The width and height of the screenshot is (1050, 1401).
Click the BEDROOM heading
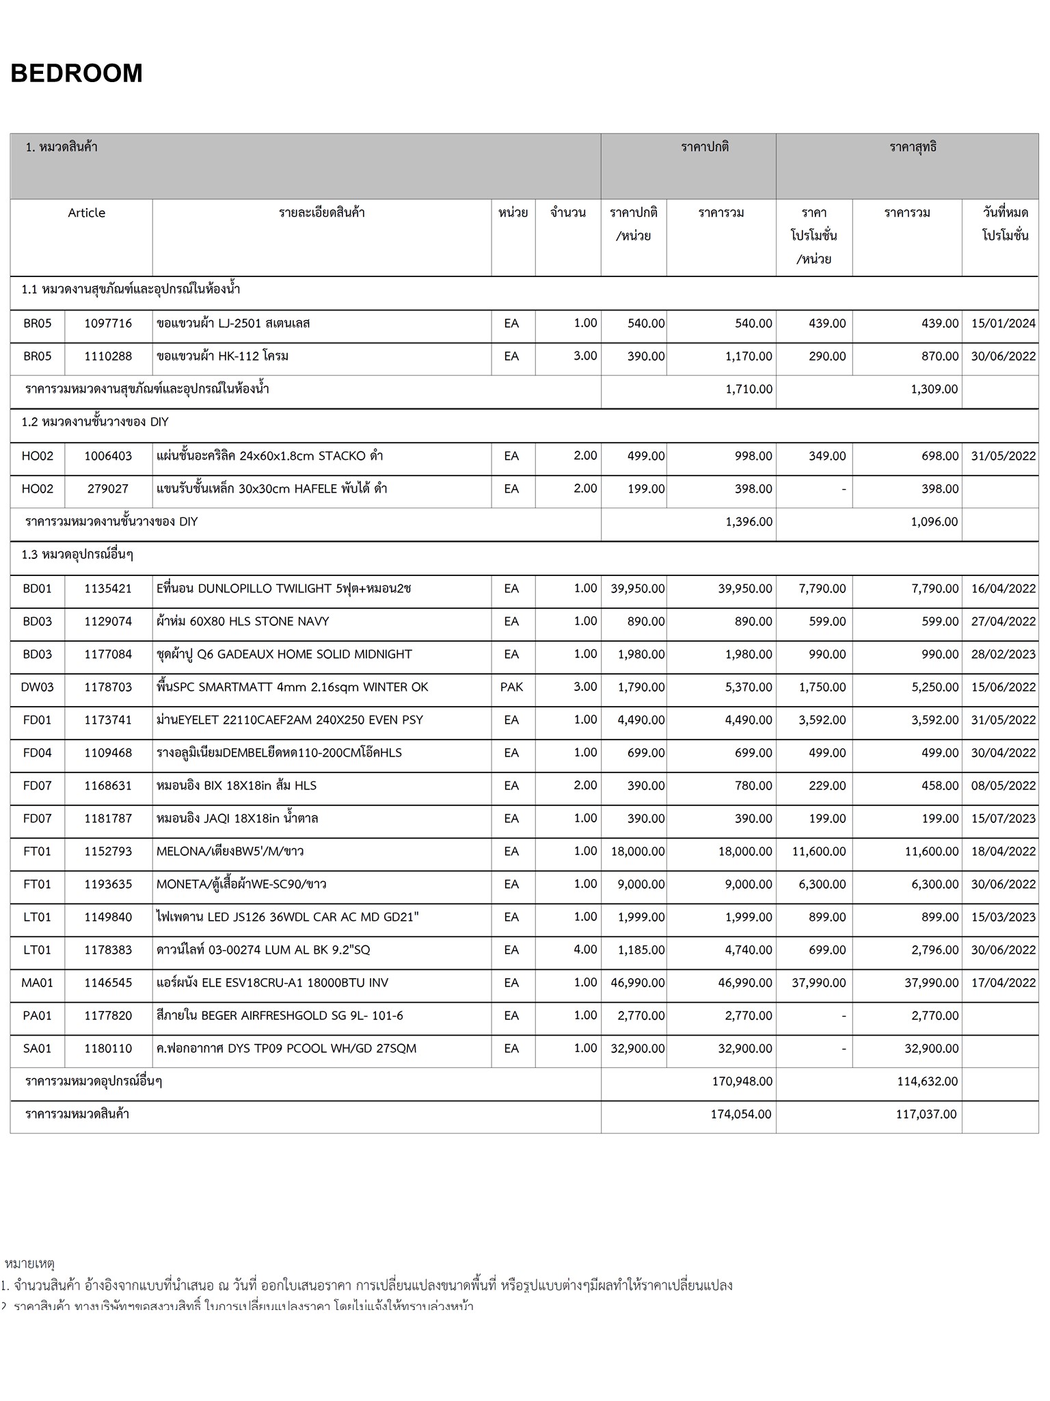click(x=77, y=73)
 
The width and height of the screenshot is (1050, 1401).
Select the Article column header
click(x=86, y=213)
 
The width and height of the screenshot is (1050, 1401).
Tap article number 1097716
click(x=108, y=324)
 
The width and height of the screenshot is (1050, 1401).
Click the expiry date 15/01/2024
click(x=1003, y=324)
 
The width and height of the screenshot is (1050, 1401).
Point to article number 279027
click(x=108, y=489)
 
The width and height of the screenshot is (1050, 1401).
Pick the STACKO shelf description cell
click(x=269, y=456)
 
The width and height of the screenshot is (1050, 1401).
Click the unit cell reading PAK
click(x=511, y=688)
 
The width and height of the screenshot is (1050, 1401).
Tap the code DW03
click(x=37, y=688)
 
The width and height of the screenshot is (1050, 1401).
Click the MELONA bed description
click(x=230, y=852)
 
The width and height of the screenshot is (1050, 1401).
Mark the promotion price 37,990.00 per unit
click(x=818, y=983)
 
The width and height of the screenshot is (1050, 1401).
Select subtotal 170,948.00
click(x=742, y=1082)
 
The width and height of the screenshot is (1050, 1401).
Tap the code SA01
click(x=37, y=1049)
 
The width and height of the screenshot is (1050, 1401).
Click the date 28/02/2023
click(x=1003, y=655)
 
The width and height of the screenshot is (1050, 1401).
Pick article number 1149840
click(x=108, y=917)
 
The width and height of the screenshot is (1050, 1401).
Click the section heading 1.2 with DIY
click(x=95, y=422)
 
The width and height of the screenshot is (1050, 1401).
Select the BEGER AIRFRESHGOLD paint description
click(x=280, y=1016)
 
